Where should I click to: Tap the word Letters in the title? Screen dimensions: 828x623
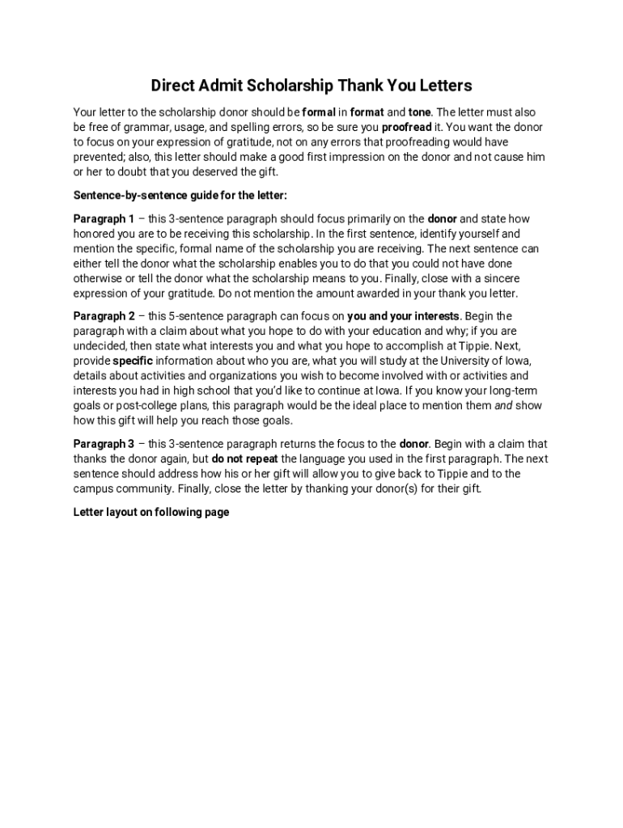tap(443, 86)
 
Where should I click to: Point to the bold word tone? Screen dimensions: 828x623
tap(420, 112)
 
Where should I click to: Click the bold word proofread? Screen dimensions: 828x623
tap(407, 128)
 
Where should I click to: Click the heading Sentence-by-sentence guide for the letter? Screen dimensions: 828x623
tap(180, 196)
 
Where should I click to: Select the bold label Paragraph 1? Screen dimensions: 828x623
tap(104, 219)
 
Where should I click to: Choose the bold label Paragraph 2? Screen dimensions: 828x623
tap(104, 316)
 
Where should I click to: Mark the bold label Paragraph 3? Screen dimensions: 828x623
tap(104, 444)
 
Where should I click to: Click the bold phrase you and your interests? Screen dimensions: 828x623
tap(404, 316)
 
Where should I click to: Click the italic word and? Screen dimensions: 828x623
tap(503, 406)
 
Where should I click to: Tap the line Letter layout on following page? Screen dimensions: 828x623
tap(151, 512)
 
